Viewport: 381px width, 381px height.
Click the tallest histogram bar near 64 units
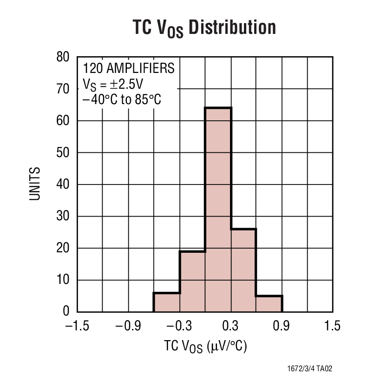218,209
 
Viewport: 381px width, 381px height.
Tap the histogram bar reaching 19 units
192,281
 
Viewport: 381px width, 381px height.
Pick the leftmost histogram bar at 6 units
167,302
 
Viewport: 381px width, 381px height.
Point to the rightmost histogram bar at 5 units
269,303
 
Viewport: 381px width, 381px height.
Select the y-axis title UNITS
35,184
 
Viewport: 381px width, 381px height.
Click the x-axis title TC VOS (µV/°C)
205,347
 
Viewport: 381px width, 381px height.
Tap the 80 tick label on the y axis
63,57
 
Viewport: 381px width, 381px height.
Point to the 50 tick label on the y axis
63,152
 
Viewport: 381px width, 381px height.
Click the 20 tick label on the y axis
63,248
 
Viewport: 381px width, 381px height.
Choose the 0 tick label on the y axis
66,311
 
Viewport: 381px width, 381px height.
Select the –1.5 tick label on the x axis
77,326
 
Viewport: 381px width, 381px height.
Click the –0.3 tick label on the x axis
179,326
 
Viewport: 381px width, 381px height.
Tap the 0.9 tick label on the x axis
282,326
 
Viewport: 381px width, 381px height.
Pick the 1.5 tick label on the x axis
333,326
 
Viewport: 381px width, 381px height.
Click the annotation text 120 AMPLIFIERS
129,68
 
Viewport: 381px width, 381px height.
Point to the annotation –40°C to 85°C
122,99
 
